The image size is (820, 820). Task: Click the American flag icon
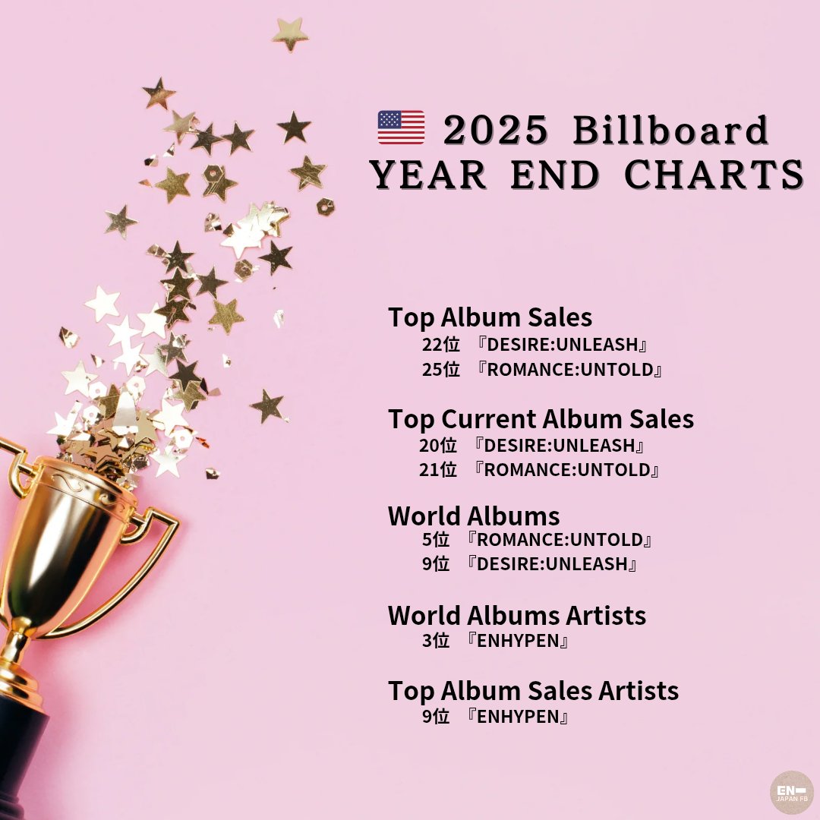[401, 127]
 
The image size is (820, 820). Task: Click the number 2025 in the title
[496, 131]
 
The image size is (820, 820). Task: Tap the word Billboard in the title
[670, 130]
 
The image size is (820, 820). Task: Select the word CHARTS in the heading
[714, 174]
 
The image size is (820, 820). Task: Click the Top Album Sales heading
[490, 317]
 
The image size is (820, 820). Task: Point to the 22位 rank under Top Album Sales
[441, 345]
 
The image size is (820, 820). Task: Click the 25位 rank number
[441, 370]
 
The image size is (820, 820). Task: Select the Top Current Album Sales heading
[541, 419]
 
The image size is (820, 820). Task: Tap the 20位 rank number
[438, 446]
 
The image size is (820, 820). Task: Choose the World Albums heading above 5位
[474, 516]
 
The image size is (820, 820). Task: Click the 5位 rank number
[436, 540]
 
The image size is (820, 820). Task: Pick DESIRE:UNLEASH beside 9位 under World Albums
[552, 564]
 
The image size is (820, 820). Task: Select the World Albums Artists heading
[517, 616]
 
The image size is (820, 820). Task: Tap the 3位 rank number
[436, 641]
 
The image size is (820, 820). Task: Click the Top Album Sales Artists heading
[534, 691]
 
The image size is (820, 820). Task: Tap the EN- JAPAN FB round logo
[791, 792]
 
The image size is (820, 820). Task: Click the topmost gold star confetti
[290, 34]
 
